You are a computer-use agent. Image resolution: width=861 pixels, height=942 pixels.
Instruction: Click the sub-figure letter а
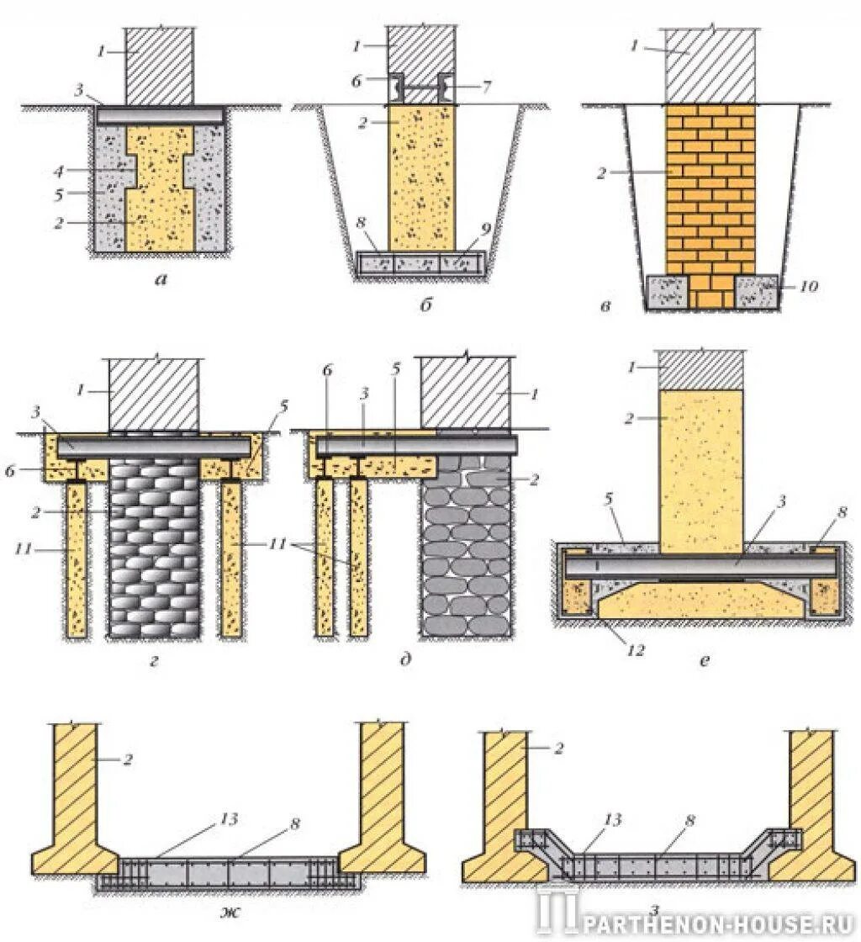(161, 281)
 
